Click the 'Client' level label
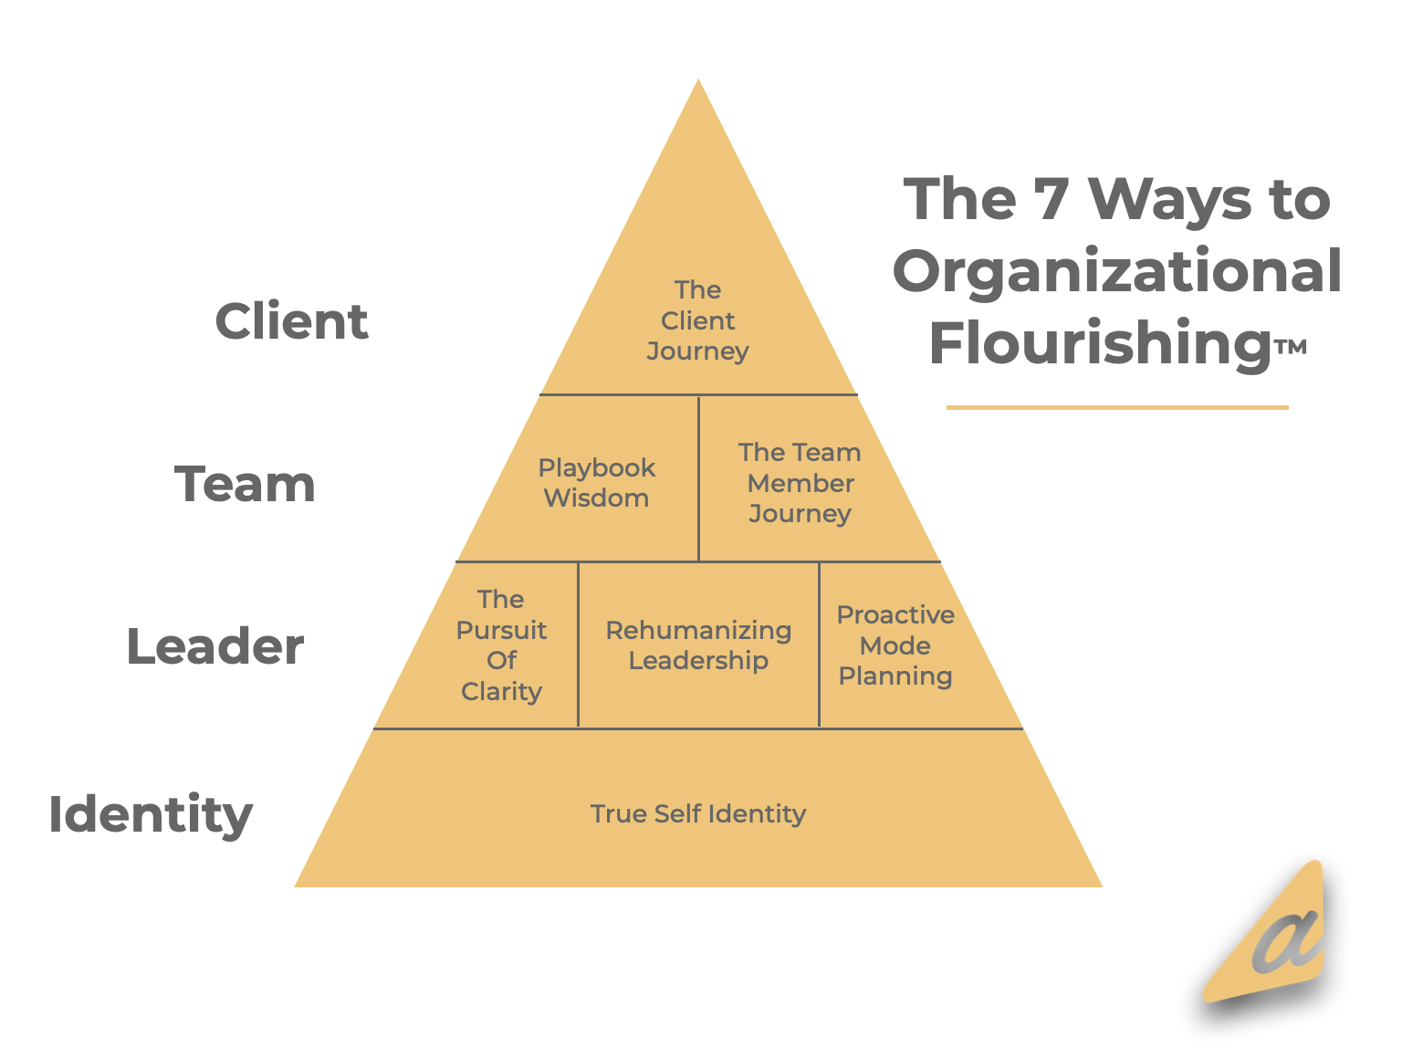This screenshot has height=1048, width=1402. pyautogui.click(x=291, y=321)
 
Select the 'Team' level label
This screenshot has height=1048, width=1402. pyautogui.click(x=245, y=484)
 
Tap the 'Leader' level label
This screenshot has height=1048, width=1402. pyautogui.click(x=214, y=646)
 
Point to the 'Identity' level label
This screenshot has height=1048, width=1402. pyautogui.click(x=151, y=813)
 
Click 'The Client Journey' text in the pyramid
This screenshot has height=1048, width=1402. pyautogui.click(x=697, y=320)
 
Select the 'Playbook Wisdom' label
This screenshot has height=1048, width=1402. pyautogui.click(x=596, y=483)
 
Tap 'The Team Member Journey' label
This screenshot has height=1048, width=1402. pyautogui.click(x=800, y=483)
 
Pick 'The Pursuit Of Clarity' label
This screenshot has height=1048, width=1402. pyautogui.click(x=501, y=645)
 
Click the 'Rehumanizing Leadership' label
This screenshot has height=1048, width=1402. pyautogui.click(x=698, y=645)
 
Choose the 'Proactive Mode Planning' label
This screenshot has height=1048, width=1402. pyautogui.click(x=895, y=645)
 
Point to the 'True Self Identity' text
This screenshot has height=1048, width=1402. pyautogui.click(x=698, y=813)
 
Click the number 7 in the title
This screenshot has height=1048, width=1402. pyautogui.click(x=1051, y=199)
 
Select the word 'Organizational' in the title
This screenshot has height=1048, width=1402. pyautogui.click(x=1116, y=271)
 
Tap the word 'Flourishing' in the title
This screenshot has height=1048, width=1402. pyautogui.click(x=1100, y=343)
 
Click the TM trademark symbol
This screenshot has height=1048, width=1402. pyautogui.click(x=1291, y=347)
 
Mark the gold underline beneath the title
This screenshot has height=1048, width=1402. pyautogui.click(x=1116, y=407)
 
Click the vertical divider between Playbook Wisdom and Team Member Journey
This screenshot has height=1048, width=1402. pyautogui.click(x=698, y=478)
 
